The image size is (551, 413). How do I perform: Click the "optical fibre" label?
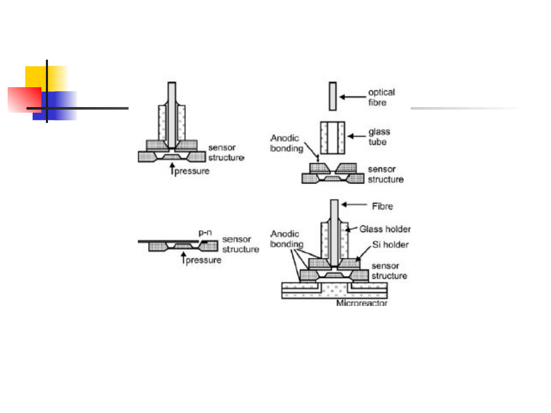pos(381,97)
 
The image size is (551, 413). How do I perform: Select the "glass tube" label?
pos(379,137)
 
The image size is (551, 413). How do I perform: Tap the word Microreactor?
pos(362,303)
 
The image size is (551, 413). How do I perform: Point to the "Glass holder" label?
pos(385,229)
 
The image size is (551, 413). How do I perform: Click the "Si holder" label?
pos(390,244)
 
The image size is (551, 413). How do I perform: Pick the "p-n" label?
pos(205,233)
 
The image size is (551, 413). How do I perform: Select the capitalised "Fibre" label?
pos(382,206)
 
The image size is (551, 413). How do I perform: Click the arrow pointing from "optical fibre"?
pos(353,97)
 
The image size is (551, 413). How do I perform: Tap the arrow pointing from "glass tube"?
pos(356,136)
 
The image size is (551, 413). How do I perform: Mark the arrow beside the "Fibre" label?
pos(354,204)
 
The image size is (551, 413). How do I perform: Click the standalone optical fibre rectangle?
pos(333,96)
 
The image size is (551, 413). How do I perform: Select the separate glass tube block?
pos(333,138)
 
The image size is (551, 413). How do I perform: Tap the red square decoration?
pos(24,100)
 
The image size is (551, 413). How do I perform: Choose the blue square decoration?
pos(55,106)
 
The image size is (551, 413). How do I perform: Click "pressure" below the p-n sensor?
pos(204,260)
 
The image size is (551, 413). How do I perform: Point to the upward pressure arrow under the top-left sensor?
pos(172,169)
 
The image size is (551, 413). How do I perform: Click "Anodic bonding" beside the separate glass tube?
pos(286,143)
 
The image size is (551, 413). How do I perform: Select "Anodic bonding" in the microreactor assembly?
pos(286,239)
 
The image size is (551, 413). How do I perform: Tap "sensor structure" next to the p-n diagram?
pos(240,244)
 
